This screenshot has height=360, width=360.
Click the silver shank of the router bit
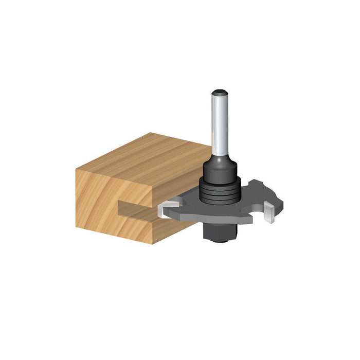coord(220,123)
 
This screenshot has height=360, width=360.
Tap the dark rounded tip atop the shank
coord(220,93)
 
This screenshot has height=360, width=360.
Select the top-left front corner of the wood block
coord(76,168)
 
